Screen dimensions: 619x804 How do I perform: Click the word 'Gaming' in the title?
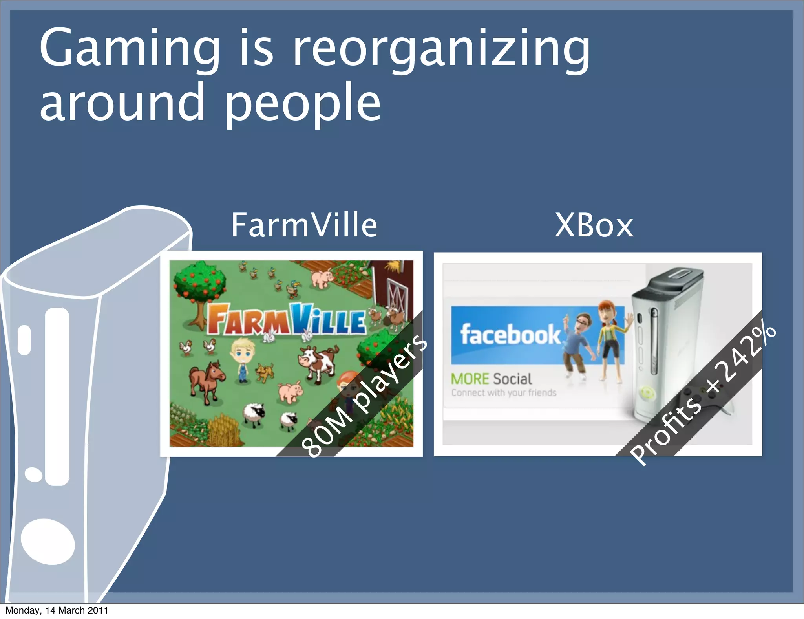coord(130,49)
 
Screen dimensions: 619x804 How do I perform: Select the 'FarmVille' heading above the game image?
coord(304,225)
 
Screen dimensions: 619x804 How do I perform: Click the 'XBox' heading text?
coord(594,226)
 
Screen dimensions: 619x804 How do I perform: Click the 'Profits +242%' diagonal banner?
coord(703,395)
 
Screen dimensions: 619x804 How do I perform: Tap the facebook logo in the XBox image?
coord(510,335)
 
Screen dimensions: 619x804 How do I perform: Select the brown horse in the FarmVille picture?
coord(206,379)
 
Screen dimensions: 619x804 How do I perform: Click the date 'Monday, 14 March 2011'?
coord(57,610)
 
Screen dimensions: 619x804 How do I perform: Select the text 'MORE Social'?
coord(492,379)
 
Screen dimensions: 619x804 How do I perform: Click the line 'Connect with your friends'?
coord(504,393)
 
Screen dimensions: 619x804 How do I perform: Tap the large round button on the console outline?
coord(48,542)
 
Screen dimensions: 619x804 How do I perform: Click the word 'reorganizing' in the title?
coord(442,49)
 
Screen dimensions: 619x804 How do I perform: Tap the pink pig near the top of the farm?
coord(322,278)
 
